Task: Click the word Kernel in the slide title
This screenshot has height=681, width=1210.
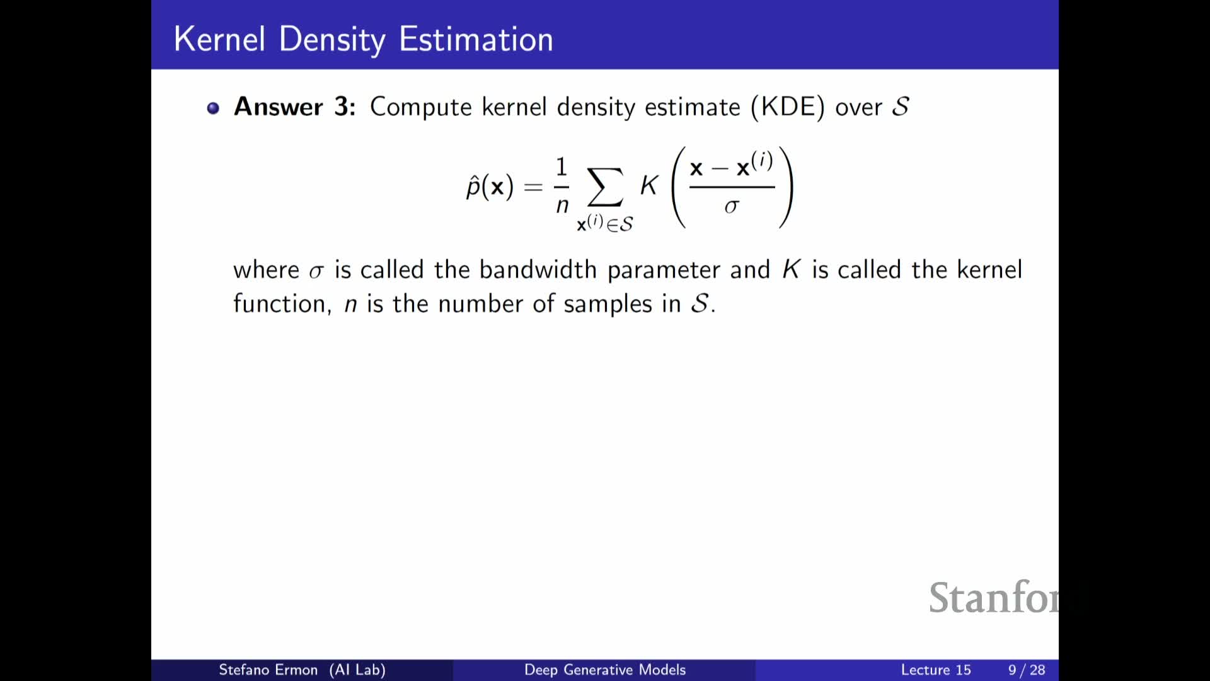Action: [219, 39]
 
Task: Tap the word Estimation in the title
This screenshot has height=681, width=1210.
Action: [476, 39]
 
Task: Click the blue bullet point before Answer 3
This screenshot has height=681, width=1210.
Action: [213, 108]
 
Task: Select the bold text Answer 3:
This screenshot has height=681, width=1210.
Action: [295, 107]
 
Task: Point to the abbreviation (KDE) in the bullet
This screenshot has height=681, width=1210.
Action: [787, 107]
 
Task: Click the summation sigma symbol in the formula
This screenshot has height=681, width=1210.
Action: [605, 187]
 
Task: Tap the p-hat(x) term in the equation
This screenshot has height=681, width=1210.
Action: [490, 187]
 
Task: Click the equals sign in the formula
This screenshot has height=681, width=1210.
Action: [533, 187]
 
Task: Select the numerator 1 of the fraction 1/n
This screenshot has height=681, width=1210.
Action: [562, 167]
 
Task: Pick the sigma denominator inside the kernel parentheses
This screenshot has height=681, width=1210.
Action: [731, 207]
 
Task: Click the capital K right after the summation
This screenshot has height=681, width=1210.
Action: [649, 185]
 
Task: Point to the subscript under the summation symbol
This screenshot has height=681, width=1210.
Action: [605, 223]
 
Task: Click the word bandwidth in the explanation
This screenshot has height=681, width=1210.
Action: [538, 270]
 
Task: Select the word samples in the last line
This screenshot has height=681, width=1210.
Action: [608, 305]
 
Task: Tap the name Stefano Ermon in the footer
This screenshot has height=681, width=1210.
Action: [268, 670]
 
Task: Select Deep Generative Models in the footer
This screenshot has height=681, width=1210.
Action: [604, 670]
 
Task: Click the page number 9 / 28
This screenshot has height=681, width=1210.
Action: [1027, 670]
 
